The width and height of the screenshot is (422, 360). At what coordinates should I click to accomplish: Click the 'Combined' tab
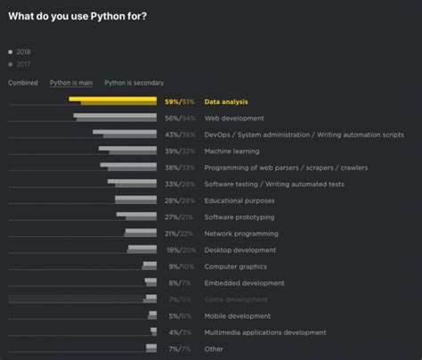click(x=23, y=83)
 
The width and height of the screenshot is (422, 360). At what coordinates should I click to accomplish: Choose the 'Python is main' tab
click(x=71, y=83)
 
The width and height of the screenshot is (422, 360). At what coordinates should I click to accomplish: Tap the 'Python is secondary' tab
click(x=134, y=83)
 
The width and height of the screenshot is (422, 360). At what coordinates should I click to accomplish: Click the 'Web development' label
click(x=233, y=118)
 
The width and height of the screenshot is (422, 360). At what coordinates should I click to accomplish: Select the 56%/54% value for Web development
click(x=180, y=118)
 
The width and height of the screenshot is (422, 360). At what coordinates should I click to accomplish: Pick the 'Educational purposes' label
click(x=239, y=200)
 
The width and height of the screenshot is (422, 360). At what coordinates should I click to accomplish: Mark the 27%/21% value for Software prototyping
click(x=180, y=217)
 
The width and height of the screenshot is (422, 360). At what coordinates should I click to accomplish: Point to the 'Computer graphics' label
click(x=236, y=266)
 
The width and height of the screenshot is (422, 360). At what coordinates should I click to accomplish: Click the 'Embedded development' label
click(x=244, y=282)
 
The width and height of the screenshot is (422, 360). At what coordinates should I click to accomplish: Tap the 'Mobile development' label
click(x=238, y=315)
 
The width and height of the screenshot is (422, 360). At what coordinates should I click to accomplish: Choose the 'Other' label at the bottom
click(x=214, y=348)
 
